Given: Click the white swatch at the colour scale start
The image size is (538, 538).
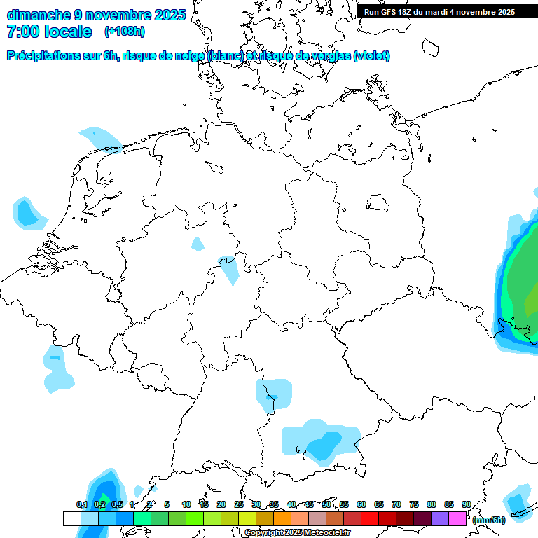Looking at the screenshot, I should tap(72, 518).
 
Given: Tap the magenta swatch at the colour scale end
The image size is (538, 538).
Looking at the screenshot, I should tap(457, 518).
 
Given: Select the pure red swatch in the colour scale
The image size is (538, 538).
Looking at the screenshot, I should tap(370, 518).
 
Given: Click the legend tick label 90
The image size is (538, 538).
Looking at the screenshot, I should tap(466, 504).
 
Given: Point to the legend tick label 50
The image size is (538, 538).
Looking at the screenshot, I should tap(326, 504).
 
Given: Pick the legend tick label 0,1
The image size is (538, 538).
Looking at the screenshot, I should tap(81, 504).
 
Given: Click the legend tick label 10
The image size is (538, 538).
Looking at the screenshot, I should tap(186, 504).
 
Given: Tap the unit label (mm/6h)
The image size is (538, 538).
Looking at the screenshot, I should tap(488, 520).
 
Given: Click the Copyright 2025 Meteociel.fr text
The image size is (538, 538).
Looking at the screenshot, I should tap(297, 533).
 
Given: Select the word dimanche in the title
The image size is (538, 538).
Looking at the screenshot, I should tap(39, 14).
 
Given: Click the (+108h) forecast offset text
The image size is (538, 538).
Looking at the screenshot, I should tap(125, 32).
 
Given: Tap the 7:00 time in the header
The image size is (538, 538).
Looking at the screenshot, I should tap(23, 32).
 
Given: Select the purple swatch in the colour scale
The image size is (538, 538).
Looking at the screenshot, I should tap(440, 518).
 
